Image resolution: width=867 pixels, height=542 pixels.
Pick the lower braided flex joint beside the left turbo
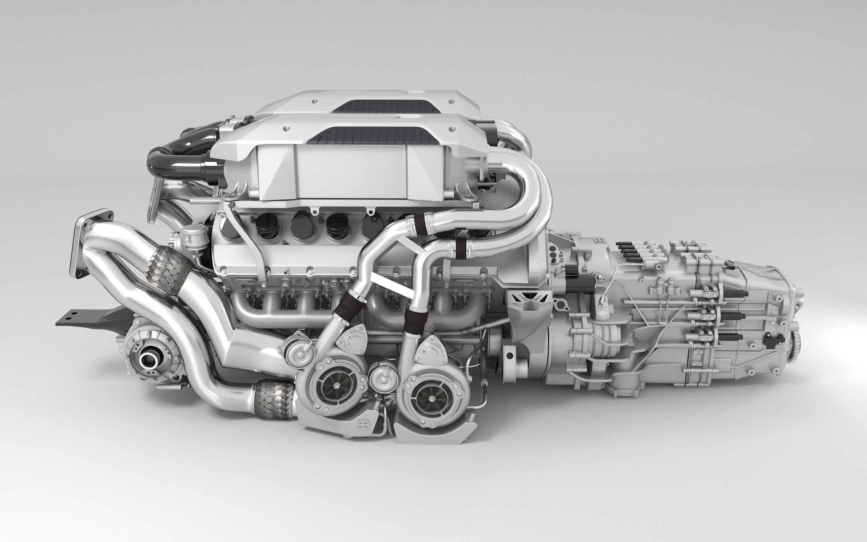274,400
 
